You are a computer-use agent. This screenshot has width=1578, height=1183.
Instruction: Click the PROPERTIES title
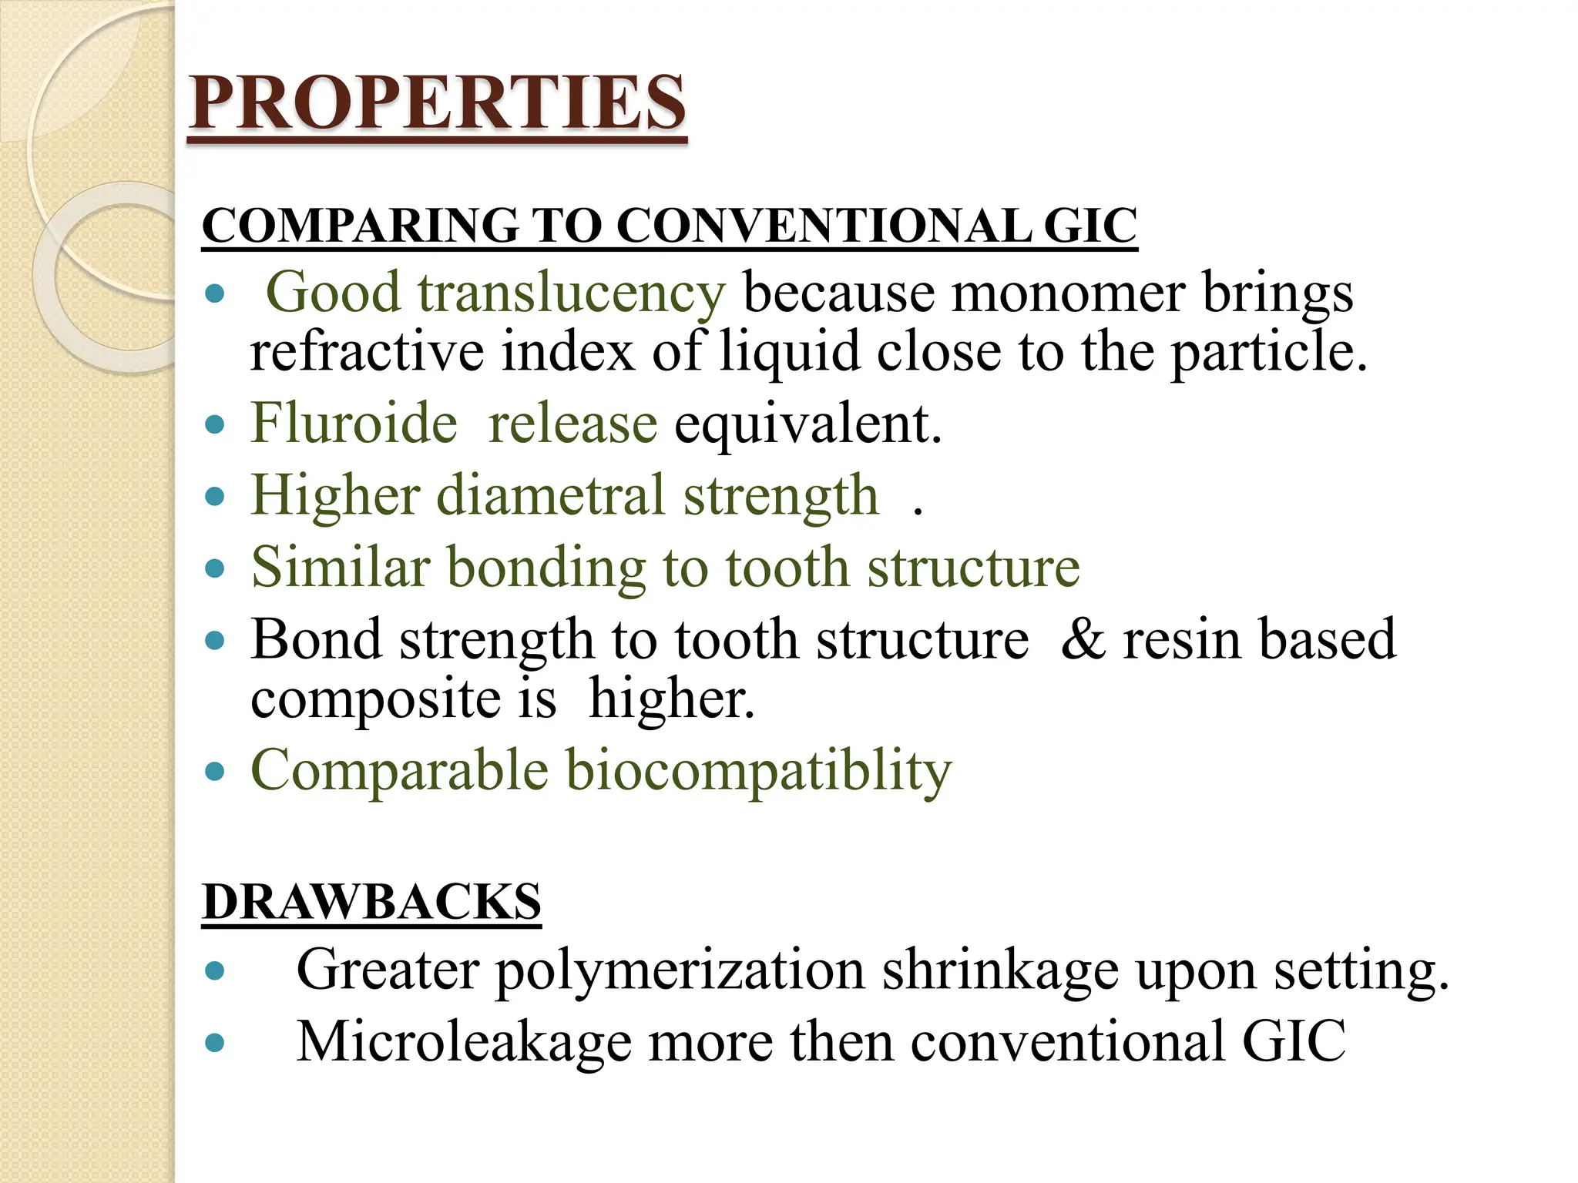tap(437, 103)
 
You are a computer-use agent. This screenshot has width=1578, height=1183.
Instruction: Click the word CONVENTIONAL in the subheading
tap(823, 226)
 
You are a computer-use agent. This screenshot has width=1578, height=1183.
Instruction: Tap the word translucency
tap(571, 293)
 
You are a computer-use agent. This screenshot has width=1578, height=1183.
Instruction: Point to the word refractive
tap(367, 352)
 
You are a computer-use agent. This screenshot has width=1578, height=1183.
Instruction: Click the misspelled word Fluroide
tap(354, 424)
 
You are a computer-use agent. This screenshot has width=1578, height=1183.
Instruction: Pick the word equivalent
tap(807, 425)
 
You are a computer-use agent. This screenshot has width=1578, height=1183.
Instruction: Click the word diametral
tap(550, 495)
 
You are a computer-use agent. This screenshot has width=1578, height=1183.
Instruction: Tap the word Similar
tap(340, 568)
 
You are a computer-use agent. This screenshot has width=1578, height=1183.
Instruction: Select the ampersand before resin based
tap(1083, 639)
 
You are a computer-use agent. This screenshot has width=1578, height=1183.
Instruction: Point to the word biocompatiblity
tap(759, 771)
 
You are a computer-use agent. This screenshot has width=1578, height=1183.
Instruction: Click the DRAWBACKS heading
tap(371, 902)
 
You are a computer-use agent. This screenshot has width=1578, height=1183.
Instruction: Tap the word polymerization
tap(679, 970)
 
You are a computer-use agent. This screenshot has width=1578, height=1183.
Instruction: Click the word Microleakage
tap(464, 1042)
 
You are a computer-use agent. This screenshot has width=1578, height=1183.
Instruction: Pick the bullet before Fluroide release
tap(215, 425)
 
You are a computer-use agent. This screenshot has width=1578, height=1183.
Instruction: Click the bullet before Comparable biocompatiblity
tap(215, 772)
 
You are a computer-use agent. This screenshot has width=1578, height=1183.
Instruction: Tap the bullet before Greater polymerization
tap(215, 971)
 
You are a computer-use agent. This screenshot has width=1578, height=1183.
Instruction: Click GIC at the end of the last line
tap(1294, 1042)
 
